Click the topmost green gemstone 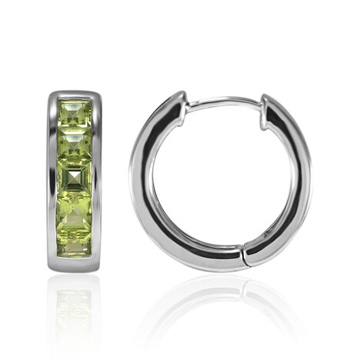click(75, 116)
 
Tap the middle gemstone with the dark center click(75, 179)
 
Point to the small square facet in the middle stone click(75, 179)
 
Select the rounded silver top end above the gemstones click(75, 95)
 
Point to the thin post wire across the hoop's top click(223, 101)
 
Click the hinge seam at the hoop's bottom click(244, 258)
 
